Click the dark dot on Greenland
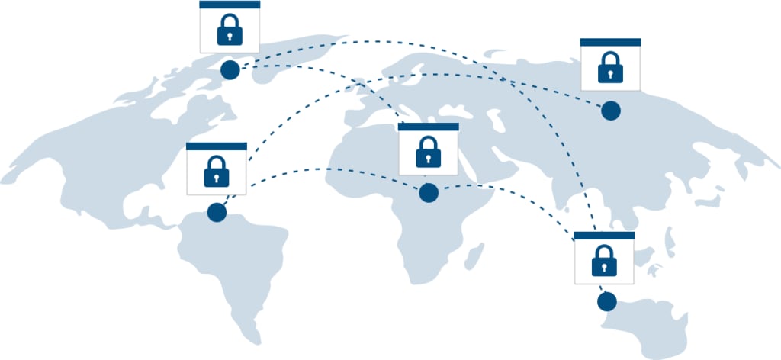230,70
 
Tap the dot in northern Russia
610,111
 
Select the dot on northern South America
217,212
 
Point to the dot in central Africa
429,193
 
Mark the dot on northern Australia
606,302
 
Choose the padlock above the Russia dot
610,68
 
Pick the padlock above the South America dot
217,171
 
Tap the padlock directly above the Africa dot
428,152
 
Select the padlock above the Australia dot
604,261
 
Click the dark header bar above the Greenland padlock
230,5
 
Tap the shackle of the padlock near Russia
610,58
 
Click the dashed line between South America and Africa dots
320,169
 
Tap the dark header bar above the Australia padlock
604,236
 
